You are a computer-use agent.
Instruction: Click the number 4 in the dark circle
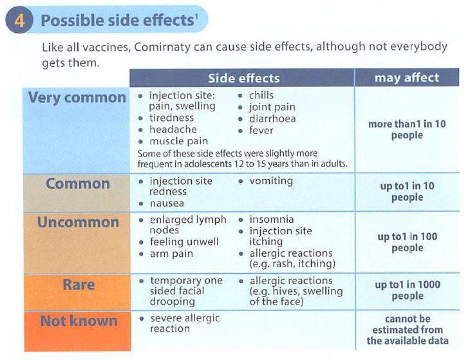(19, 21)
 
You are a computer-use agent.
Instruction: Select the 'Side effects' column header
(244, 78)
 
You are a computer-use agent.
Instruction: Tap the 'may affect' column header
(407, 78)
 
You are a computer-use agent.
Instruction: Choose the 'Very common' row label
(77, 98)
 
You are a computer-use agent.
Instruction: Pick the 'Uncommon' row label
(78, 222)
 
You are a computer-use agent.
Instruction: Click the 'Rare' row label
(79, 285)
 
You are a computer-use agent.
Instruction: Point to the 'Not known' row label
(79, 321)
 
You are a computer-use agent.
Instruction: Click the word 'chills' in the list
(261, 95)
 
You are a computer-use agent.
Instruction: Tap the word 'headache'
(173, 129)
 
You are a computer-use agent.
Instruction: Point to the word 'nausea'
(167, 204)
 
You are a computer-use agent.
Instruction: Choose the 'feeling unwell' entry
(184, 242)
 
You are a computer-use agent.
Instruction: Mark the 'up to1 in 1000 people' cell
(408, 290)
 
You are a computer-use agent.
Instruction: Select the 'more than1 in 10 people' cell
(407, 129)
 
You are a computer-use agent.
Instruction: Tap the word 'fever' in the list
(261, 130)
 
